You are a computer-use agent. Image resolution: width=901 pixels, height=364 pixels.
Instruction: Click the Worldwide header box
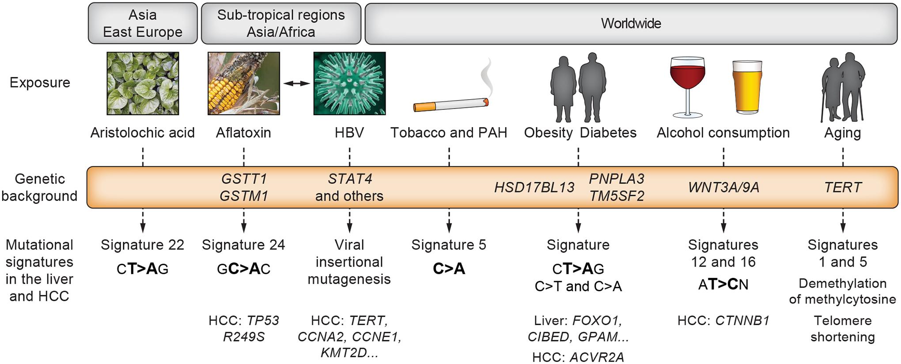631,23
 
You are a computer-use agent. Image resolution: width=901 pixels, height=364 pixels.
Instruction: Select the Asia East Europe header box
143,23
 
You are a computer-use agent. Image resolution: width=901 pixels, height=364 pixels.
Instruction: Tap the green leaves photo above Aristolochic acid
143,83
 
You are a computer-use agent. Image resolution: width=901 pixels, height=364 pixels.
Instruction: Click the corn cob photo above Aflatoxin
243,83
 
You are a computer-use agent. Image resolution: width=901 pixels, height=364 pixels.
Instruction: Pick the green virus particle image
349,83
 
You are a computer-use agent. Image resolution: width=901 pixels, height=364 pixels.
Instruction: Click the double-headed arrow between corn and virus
296,83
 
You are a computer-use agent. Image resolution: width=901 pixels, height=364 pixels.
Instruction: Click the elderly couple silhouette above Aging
843,87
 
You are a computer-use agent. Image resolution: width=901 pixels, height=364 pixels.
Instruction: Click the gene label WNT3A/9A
723,188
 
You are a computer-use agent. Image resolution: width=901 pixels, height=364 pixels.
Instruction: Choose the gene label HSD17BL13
534,188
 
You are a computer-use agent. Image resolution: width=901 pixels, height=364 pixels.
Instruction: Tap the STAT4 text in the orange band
350,179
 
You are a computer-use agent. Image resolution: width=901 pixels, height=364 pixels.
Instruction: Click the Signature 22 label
142,245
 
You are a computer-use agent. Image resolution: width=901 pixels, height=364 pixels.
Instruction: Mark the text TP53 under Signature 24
263,320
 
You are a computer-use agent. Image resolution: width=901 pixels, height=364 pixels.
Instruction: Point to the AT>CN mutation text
723,285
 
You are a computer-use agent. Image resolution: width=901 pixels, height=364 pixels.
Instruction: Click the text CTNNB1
742,320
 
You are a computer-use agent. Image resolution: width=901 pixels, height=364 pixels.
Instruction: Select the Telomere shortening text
842,329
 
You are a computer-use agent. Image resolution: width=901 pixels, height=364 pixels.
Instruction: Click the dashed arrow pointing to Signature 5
449,221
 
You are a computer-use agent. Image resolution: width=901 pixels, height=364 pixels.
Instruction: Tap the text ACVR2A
597,357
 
